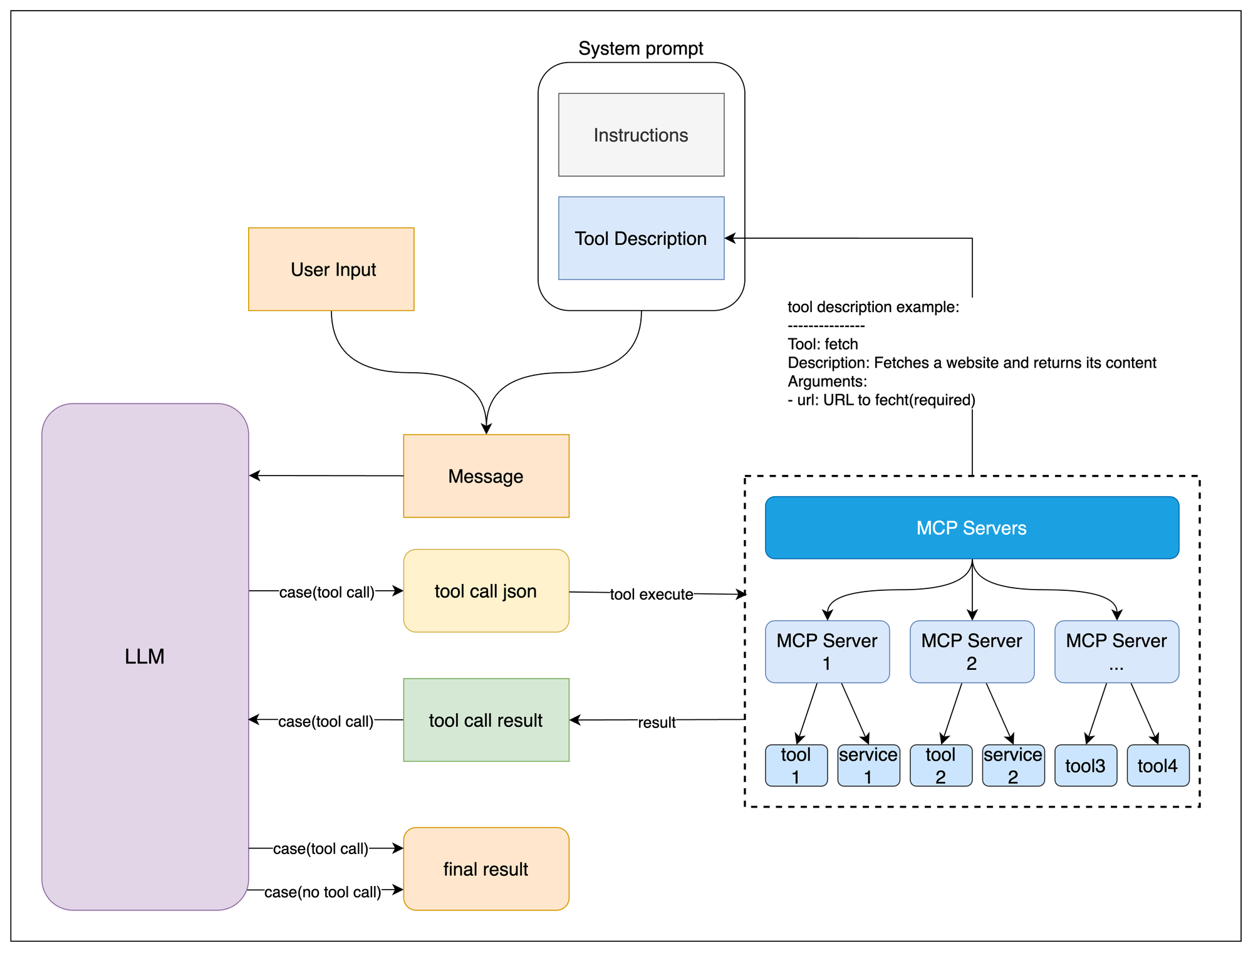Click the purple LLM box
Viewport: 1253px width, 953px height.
pos(145,656)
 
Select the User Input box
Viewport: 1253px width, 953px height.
pos(331,269)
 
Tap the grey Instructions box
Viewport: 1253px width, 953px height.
pos(641,135)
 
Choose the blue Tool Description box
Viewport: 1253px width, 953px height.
pos(641,238)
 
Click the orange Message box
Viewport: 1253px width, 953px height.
pos(486,476)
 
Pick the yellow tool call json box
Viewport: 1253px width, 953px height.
pos(486,590)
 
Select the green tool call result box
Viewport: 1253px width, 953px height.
pos(486,720)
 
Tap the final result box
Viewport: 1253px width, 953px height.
pos(486,868)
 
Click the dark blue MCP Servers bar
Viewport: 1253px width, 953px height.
pos(972,528)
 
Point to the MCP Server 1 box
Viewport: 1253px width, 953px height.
pos(827,652)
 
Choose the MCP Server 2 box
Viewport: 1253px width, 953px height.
pos(972,652)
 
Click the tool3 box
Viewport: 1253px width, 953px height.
pos(1086,765)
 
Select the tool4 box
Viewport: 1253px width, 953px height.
pos(1158,765)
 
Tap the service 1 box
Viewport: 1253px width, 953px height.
pos(868,765)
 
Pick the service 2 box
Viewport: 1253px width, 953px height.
pos(1013,765)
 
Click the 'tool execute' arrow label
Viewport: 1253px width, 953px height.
pos(652,594)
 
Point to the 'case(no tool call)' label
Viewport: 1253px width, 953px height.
pos(323,892)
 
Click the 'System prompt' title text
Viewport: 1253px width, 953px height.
pos(641,48)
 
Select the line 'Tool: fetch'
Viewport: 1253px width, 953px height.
pos(823,344)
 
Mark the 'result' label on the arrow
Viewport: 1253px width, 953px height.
pos(657,722)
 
